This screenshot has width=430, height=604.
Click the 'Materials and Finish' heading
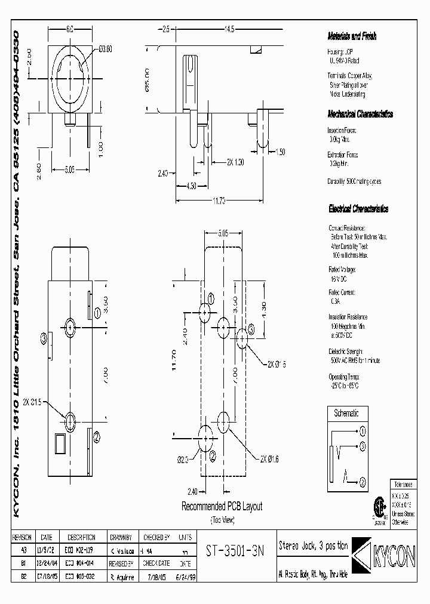click(352, 36)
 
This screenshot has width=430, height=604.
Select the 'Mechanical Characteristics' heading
click(360, 113)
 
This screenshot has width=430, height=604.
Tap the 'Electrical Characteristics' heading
click(358, 209)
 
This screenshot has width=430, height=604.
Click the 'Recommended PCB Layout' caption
click(222, 506)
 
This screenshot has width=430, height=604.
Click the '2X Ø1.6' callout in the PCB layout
click(269, 458)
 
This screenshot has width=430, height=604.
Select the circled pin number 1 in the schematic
click(362, 430)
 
